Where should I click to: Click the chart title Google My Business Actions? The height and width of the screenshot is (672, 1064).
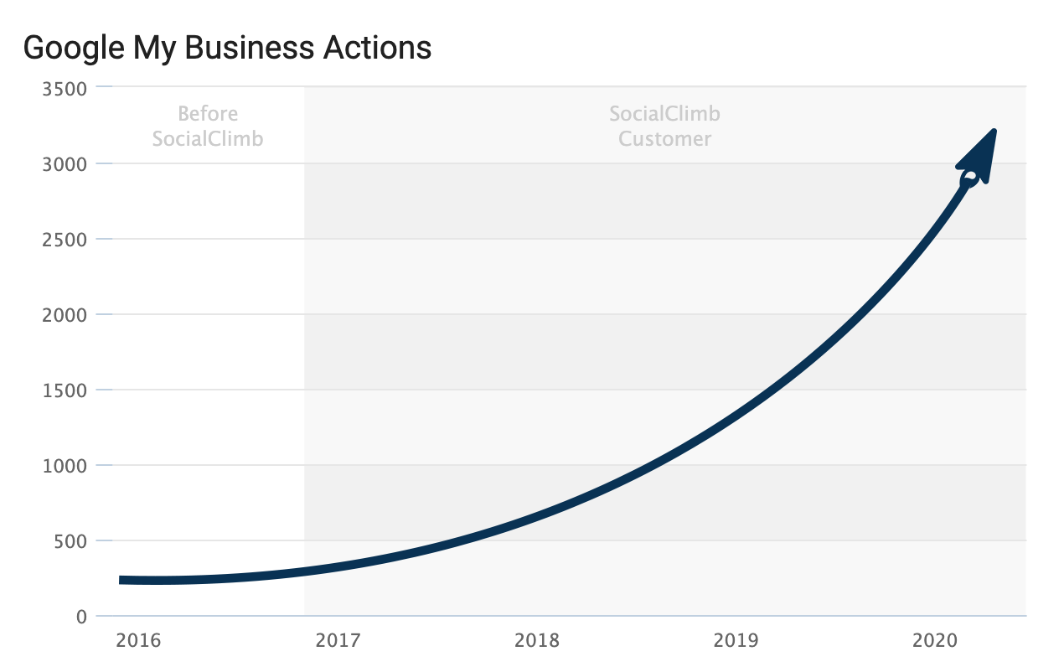[x=227, y=48]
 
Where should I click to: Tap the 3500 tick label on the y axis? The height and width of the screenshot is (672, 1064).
[x=65, y=88]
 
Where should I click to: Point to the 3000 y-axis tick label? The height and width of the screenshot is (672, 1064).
[x=65, y=163]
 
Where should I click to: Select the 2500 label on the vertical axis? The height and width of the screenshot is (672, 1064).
[x=65, y=239]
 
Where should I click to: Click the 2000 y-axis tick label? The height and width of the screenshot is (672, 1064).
[x=65, y=314]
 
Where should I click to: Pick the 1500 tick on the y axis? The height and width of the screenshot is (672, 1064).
[x=65, y=390]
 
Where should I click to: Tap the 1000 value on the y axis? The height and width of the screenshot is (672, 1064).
[x=65, y=465]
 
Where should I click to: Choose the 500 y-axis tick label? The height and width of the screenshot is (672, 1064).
[x=70, y=540]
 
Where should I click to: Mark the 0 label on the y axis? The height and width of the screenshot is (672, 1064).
[x=81, y=617]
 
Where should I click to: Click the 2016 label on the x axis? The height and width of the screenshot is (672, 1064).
[x=139, y=641]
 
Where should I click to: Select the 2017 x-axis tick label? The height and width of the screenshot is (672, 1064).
[x=338, y=641]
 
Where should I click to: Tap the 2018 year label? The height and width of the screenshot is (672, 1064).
[x=537, y=641]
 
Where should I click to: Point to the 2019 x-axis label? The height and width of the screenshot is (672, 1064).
[x=736, y=641]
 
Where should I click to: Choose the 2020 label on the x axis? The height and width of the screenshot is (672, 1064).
[x=935, y=641]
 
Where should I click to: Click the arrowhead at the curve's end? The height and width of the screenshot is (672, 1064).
[x=979, y=159]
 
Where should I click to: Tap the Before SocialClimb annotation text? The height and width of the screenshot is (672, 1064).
[x=208, y=126]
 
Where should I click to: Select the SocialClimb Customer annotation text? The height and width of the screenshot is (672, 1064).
[x=664, y=126]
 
